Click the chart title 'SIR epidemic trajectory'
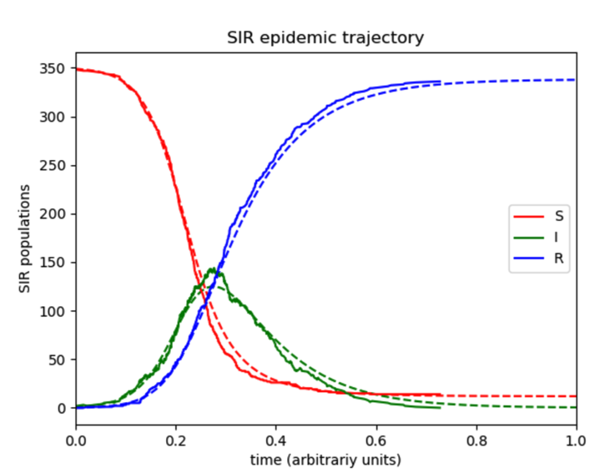(325, 38)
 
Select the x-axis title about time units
(325, 459)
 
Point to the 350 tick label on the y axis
(52, 68)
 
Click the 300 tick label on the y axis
(52, 117)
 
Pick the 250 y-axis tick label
(52, 165)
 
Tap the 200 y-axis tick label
(52, 214)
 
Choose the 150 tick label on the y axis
(52, 262)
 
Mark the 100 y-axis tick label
(52, 311)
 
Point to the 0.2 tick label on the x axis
(176, 441)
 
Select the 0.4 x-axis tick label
(276, 441)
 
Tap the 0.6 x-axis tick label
(376, 441)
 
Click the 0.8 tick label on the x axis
(476, 441)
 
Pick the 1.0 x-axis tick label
(576, 441)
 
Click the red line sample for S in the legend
(528, 216)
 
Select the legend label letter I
(556, 237)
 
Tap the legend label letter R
(559, 259)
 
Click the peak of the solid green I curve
(213, 269)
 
